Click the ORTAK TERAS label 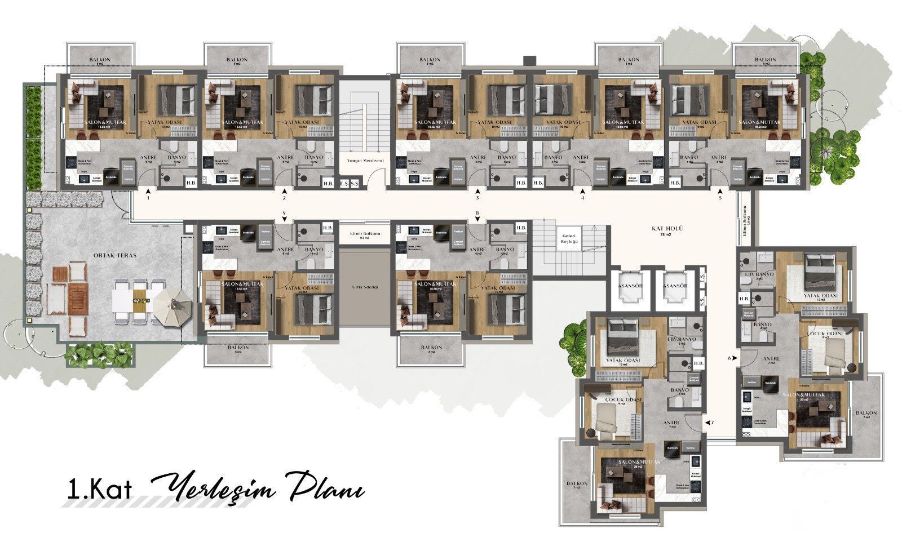click(x=108, y=255)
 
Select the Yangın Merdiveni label click(x=365, y=160)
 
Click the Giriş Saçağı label click(x=365, y=287)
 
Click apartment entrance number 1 click(x=148, y=198)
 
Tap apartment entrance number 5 click(x=720, y=197)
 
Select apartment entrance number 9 click(x=285, y=213)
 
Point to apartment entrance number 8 click(x=477, y=213)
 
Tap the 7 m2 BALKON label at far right click(x=866, y=414)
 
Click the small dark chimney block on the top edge click(x=528, y=59)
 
